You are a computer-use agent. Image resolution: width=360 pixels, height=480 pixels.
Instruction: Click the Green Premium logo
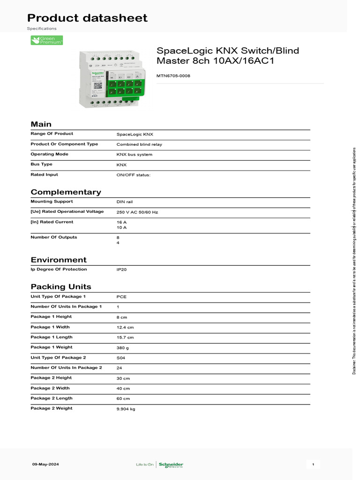(x=46, y=40)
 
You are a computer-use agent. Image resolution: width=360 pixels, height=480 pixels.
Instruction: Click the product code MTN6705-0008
(x=173, y=75)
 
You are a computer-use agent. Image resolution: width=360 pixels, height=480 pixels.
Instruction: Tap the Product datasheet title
(x=87, y=18)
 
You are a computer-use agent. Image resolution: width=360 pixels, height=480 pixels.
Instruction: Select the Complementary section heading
(x=66, y=192)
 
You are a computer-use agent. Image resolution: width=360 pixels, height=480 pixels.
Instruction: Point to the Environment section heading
(x=59, y=260)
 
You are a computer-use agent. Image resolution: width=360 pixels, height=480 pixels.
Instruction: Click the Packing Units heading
(x=61, y=287)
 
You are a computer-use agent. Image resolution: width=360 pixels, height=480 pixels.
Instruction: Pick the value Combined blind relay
(x=139, y=144)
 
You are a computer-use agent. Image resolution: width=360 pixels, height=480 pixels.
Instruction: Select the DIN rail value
(x=125, y=202)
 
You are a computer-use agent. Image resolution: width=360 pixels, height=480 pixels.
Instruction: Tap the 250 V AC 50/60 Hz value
(x=137, y=212)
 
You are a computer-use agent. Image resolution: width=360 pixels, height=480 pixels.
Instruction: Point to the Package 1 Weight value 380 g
(x=123, y=348)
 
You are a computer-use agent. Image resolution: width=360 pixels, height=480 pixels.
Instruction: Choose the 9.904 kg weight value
(x=126, y=409)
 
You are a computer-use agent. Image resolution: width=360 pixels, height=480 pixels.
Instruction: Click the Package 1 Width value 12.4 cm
(x=125, y=327)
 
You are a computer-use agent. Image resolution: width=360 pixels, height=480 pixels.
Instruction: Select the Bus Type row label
(x=41, y=164)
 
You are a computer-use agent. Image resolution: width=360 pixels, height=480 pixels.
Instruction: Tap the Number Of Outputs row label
(x=53, y=237)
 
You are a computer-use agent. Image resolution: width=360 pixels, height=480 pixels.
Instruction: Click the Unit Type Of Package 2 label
(x=58, y=357)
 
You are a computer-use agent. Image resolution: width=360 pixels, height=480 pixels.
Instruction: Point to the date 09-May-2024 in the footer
(x=45, y=464)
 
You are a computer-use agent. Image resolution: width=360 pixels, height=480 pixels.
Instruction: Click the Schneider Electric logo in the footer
(x=171, y=465)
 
